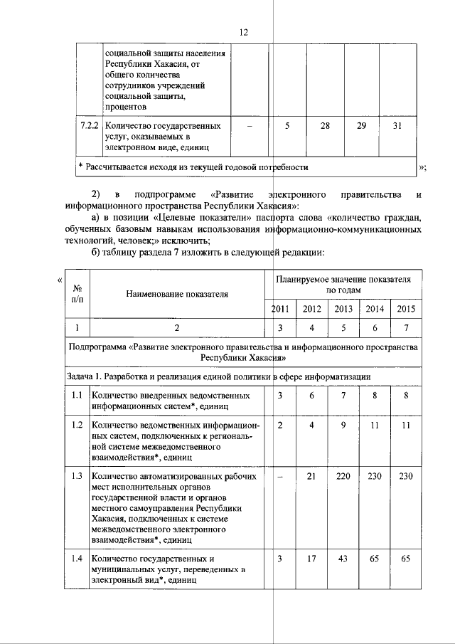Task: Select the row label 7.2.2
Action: coord(89,126)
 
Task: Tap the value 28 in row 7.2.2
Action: coord(326,126)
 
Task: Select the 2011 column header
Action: coord(280,308)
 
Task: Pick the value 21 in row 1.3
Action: coord(311,477)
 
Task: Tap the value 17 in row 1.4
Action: coord(311,558)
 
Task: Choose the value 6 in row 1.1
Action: coord(311,394)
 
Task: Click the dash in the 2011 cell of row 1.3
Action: coord(280,477)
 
